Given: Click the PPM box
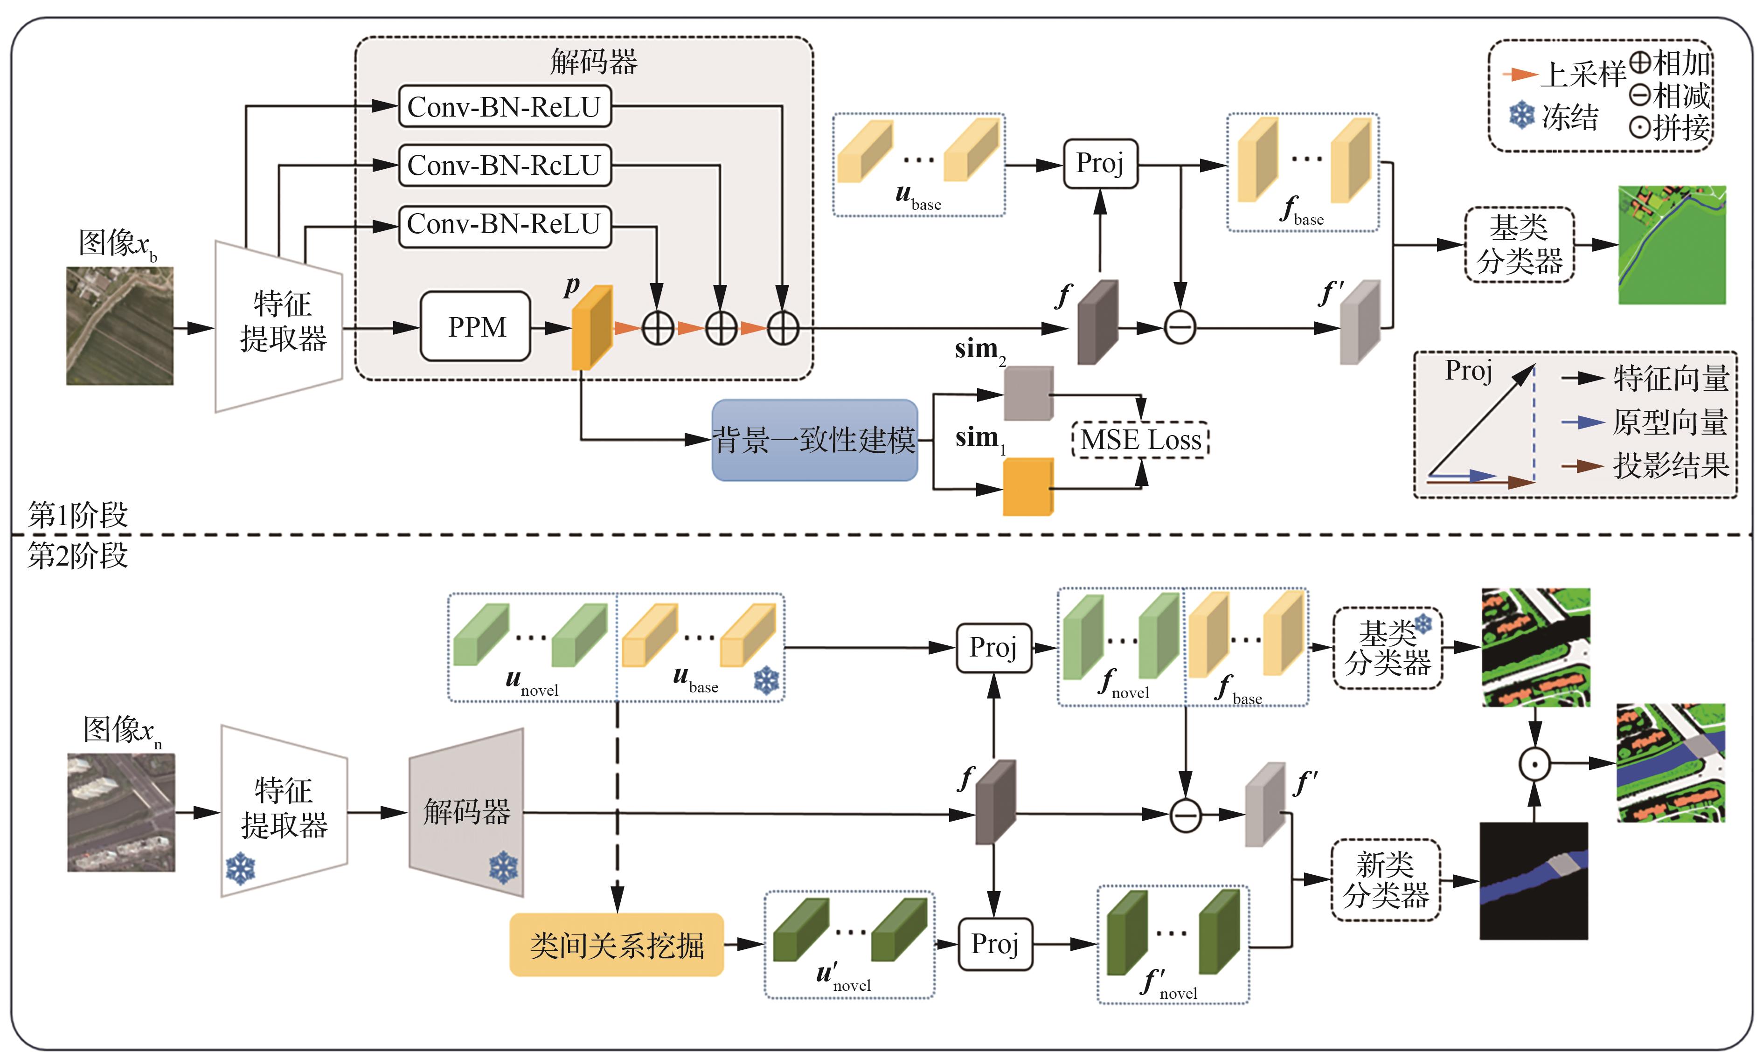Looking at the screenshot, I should [476, 326].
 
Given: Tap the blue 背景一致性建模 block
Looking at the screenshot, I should [814, 440].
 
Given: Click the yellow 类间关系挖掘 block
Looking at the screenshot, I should [616, 945].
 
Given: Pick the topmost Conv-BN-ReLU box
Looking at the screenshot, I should [504, 107].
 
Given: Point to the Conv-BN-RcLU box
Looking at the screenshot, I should [504, 166].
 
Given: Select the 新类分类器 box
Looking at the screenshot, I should [1385, 880].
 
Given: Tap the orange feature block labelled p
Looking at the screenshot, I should [592, 328].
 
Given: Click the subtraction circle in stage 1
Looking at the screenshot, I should [1180, 328].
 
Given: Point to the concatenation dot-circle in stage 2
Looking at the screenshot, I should [1534, 764].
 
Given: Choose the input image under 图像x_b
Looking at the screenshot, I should [120, 326].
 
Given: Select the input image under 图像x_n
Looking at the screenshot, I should [121, 812].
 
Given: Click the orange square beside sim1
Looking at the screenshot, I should [1027, 486].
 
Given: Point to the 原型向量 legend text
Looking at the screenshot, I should [1670, 422].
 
